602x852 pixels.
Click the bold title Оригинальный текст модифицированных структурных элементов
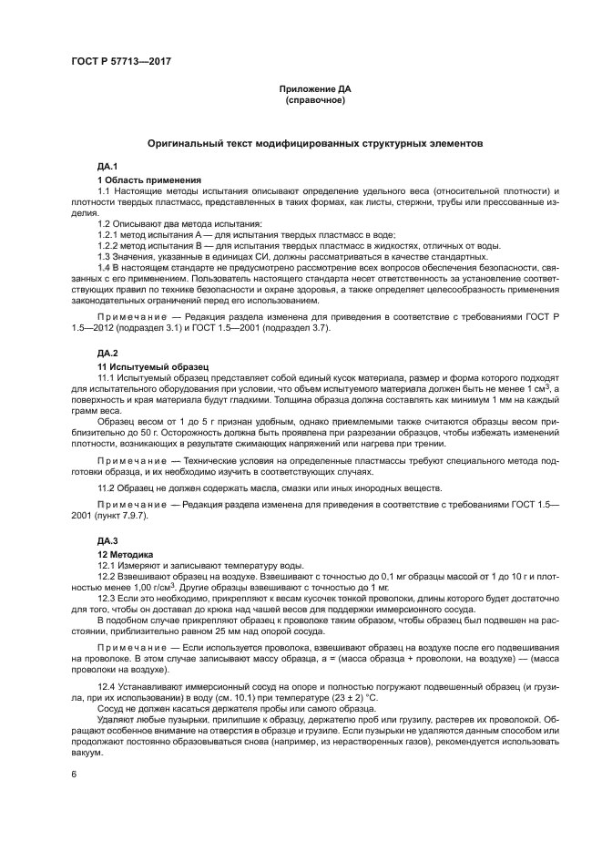point(315,144)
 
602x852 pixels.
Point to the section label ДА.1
point(108,167)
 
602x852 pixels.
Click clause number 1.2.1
point(109,234)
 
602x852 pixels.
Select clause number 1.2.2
point(109,245)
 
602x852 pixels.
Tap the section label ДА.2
point(108,352)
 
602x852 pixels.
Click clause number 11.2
point(107,489)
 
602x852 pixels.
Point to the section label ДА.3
point(108,540)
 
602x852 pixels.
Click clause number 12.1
point(107,566)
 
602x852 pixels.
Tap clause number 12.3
point(107,598)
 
